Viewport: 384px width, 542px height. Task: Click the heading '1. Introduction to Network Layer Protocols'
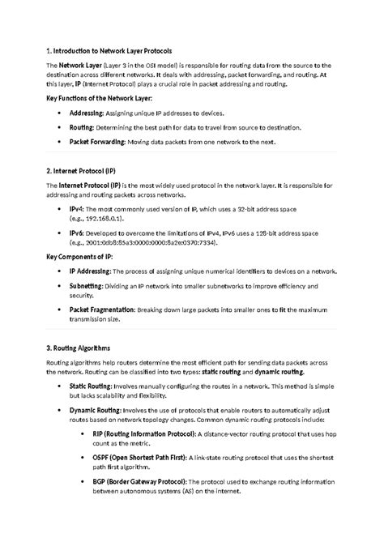109,50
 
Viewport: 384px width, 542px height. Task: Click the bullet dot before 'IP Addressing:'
60,272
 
